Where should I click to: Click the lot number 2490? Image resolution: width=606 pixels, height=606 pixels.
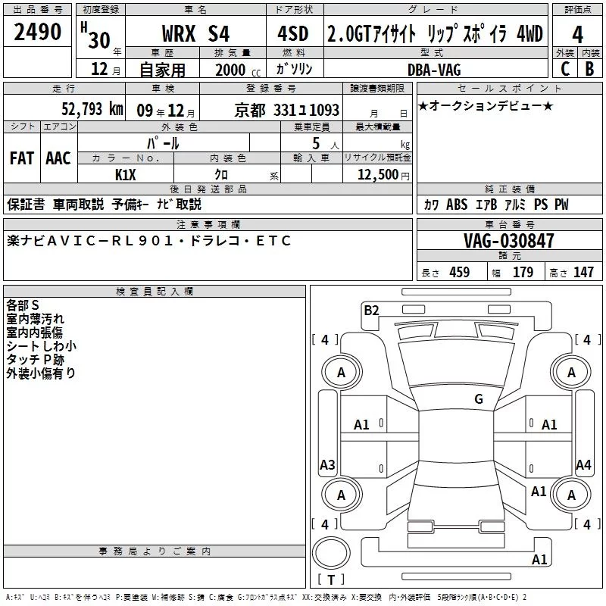(37, 32)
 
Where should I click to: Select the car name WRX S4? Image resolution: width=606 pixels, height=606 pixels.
(195, 33)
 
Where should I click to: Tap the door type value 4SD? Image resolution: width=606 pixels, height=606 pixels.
(293, 33)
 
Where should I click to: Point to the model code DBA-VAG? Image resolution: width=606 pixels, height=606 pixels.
(434, 70)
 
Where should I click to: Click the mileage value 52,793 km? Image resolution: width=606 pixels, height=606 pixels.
(92, 109)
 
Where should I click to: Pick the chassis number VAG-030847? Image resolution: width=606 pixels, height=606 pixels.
(509, 241)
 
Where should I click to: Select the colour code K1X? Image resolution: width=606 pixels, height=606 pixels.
(125, 175)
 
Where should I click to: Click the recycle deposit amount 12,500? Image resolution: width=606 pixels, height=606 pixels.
(377, 174)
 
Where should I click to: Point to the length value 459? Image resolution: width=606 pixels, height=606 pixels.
(460, 272)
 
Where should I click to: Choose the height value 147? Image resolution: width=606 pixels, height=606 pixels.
(583, 272)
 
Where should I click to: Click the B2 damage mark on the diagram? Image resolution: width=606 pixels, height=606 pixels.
(371, 311)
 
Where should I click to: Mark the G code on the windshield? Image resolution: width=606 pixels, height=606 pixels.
(479, 399)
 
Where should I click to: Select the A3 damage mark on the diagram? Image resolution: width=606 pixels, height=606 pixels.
(327, 464)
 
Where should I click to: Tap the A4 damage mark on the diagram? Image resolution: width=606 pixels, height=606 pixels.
(583, 464)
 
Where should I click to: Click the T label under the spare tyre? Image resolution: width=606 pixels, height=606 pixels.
(331, 579)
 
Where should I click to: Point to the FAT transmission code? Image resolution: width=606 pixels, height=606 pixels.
(22, 158)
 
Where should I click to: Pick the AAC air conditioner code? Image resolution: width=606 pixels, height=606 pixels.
(58, 158)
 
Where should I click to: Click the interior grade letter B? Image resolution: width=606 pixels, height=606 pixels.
(589, 69)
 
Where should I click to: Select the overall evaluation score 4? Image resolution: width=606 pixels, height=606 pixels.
(577, 35)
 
